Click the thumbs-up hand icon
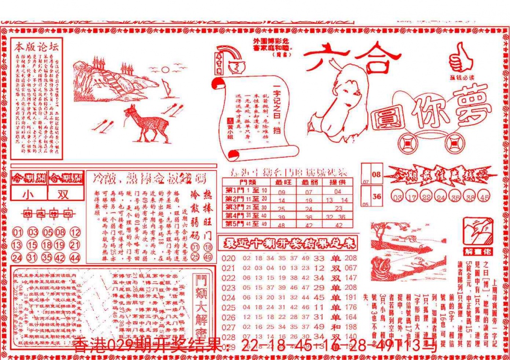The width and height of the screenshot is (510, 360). click(x=460, y=57)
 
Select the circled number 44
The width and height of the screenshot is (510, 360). click(x=75, y=258)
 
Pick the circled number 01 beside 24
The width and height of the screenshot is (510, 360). click(x=17, y=232)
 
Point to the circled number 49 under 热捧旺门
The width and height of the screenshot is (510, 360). click(x=208, y=257)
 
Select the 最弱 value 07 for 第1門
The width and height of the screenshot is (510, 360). click(x=309, y=192)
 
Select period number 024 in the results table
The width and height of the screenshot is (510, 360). click(x=228, y=298)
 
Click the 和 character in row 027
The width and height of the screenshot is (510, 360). click(x=335, y=327)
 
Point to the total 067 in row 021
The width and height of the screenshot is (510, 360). click(x=351, y=268)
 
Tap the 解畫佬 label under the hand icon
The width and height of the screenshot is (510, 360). click(x=478, y=250)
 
